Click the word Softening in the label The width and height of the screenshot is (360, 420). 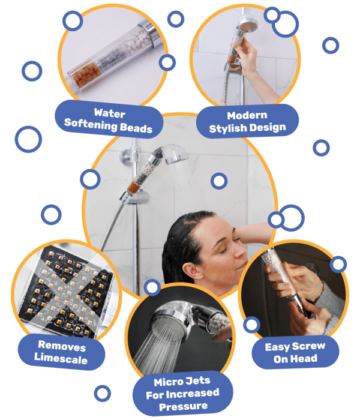pyautogui.click(x=91, y=124)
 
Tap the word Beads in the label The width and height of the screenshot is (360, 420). pyautogui.click(x=136, y=128)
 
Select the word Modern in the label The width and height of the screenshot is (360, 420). pyautogui.click(x=247, y=115)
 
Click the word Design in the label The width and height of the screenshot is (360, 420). pyautogui.click(x=268, y=127)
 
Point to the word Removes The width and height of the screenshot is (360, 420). pyautogui.click(x=62, y=346)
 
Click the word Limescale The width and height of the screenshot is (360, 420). pyautogui.click(x=61, y=358)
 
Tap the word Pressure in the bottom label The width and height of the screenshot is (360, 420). pyautogui.click(x=183, y=407)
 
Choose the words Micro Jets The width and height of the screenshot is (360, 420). pyautogui.click(x=182, y=382)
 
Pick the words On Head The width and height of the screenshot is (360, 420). pyautogui.click(x=295, y=359)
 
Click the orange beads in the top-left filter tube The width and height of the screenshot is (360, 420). pyautogui.click(x=86, y=74)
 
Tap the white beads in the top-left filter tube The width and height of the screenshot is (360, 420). pyautogui.click(x=139, y=40)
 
